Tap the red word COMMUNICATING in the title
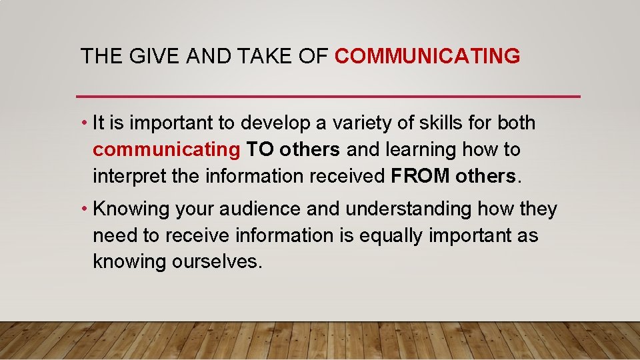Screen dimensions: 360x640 [427, 56]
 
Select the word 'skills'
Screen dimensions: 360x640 [439, 123]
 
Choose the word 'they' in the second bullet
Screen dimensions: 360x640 [539, 209]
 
